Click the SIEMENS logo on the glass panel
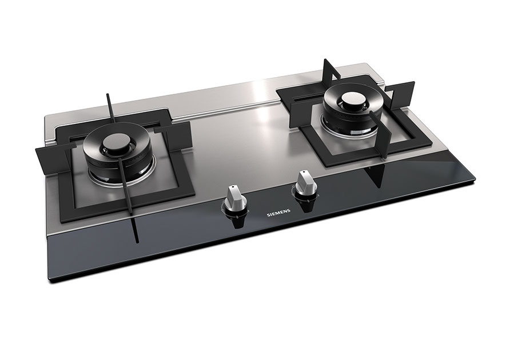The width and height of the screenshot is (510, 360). point(278,213)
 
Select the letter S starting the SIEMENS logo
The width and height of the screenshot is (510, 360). point(268,215)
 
